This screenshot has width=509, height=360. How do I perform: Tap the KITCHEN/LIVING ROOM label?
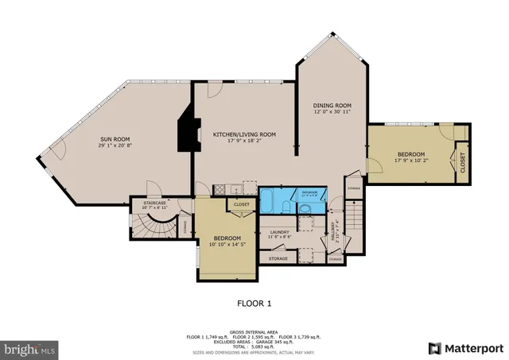(244, 134)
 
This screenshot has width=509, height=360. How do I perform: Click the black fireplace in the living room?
(186, 130)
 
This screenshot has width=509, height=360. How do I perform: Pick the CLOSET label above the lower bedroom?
(241, 204)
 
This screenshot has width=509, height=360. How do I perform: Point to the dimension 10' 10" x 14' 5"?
(227, 245)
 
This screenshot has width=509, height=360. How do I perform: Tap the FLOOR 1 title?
(254, 303)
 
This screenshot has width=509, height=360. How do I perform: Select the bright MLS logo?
(30, 348)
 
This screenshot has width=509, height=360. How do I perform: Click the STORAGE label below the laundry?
(278, 258)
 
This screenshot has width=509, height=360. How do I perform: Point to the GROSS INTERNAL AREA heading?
(254, 332)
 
